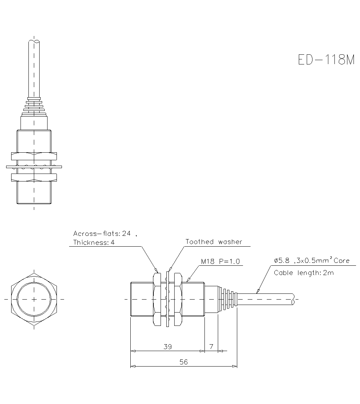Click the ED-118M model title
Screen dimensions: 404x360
click(x=327, y=59)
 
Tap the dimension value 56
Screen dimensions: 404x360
click(x=184, y=362)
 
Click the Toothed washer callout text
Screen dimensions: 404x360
click(x=214, y=242)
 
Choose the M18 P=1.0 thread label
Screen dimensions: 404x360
click(x=220, y=261)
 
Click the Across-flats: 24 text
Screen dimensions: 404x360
click(x=102, y=233)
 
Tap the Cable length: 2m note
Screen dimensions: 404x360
click(x=304, y=273)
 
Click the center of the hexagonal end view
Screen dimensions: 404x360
click(x=34, y=299)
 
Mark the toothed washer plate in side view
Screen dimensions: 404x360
click(x=168, y=299)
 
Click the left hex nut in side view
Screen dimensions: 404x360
click(x=157, y=299)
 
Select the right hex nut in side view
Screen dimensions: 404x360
click(x=177, y=299)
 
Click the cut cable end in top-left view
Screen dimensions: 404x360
click(x=34, y=42)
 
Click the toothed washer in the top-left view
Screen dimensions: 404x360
click(x=34, y=166)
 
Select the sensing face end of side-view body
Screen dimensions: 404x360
click(x=131, y=299)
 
